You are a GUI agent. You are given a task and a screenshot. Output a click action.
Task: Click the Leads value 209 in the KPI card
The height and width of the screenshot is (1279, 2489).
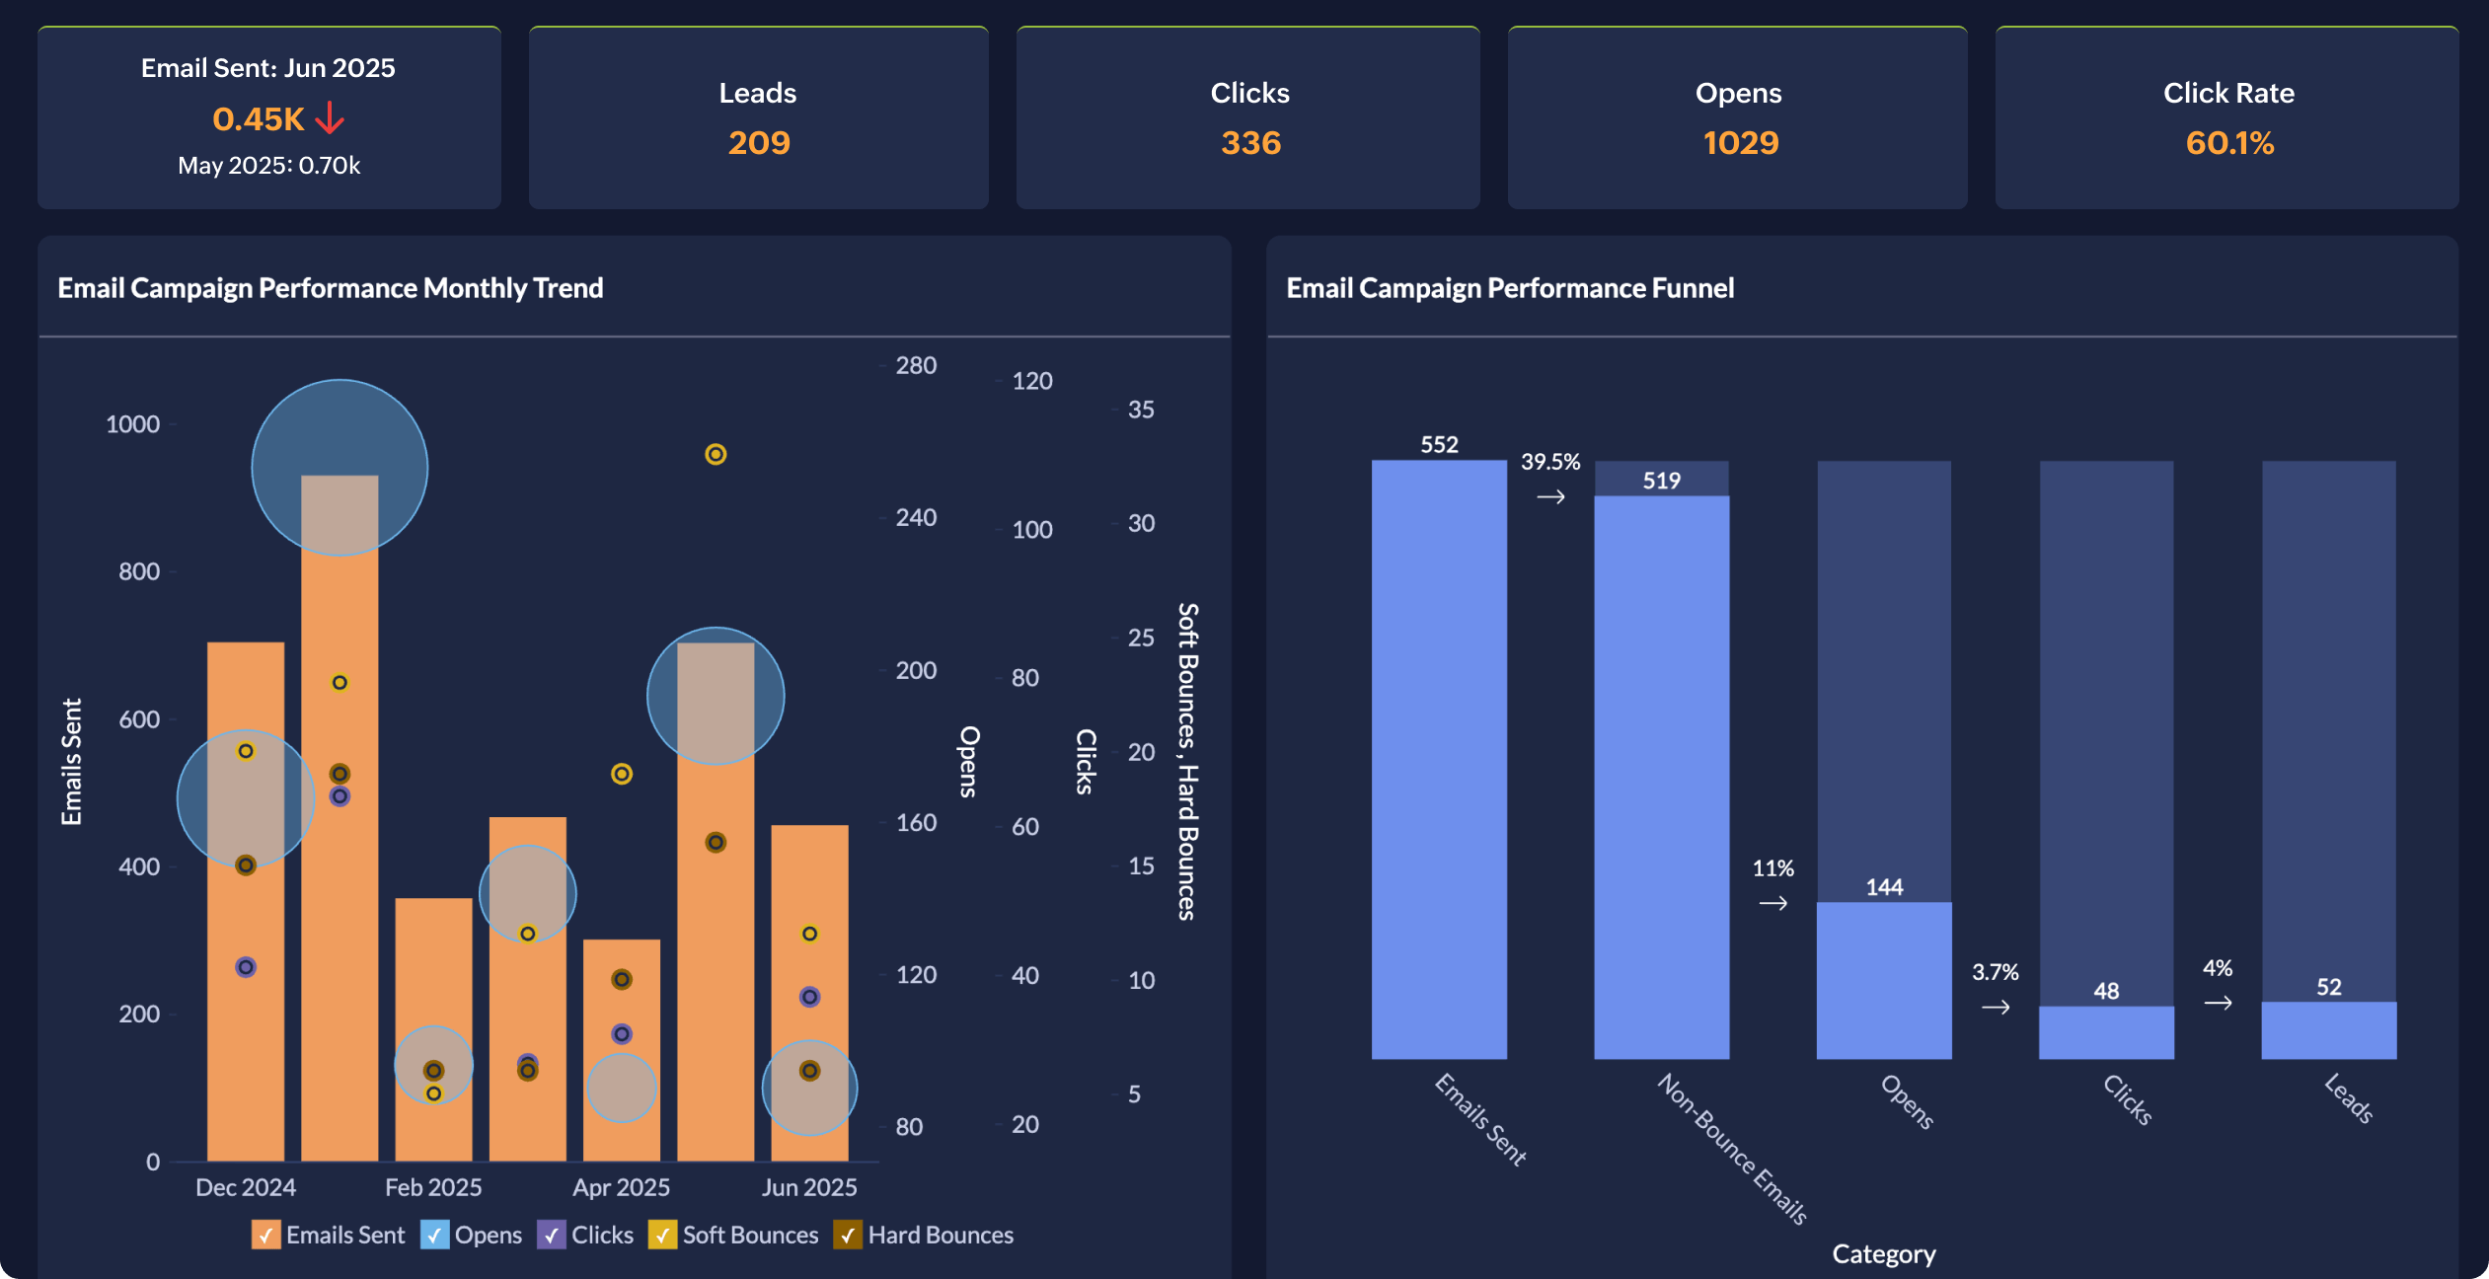759,143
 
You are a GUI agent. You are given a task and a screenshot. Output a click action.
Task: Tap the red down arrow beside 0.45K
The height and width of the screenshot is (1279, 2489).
330,118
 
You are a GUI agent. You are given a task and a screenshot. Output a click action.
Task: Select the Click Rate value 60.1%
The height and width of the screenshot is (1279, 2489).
2228,143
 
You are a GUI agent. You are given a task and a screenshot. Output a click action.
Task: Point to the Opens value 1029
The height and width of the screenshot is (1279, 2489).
1740,143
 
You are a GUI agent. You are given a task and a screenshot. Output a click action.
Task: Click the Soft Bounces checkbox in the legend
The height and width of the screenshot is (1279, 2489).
661,1235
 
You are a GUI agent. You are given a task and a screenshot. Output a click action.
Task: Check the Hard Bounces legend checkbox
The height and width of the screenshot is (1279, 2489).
847,1235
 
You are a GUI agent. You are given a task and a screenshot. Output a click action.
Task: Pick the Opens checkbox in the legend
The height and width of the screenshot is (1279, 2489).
434,1235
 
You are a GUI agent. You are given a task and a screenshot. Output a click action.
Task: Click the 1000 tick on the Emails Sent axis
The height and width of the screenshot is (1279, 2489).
132,424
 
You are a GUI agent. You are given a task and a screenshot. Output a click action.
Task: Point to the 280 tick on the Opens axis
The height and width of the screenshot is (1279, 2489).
915,366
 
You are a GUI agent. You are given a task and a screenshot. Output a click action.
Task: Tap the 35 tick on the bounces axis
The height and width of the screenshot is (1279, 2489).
1140,410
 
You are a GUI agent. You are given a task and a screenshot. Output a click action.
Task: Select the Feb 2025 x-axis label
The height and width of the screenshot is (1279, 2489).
433,1187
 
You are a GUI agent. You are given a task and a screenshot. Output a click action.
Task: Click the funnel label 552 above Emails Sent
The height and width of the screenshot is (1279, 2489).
1439,445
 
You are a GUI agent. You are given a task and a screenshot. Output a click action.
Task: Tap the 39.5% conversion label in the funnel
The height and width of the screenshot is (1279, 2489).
1549,462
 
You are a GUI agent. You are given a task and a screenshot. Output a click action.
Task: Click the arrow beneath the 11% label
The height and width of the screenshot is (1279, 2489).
1772,903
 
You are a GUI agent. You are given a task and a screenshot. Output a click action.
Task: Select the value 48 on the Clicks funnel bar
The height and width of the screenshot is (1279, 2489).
2106,991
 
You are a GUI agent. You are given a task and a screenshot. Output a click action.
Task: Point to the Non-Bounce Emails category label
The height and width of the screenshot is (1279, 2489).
1732,1150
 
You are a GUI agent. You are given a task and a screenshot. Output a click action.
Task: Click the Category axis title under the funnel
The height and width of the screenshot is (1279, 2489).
1883,1254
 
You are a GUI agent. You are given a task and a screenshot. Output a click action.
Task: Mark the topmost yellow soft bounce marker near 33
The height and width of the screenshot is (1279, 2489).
716,454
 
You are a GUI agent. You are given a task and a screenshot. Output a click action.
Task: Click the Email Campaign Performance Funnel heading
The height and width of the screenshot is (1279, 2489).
1509,288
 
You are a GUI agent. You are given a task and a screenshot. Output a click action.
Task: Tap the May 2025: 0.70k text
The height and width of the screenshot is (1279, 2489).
268,166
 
